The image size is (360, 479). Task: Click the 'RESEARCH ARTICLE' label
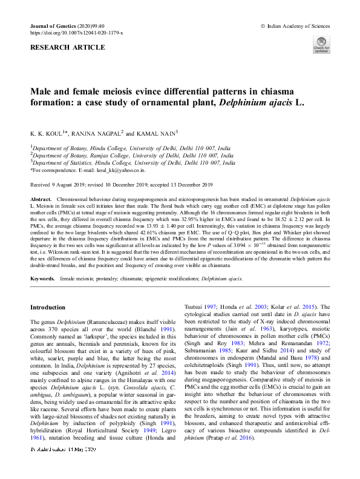click(59, 45)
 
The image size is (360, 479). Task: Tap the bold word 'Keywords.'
click(43, 278)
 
